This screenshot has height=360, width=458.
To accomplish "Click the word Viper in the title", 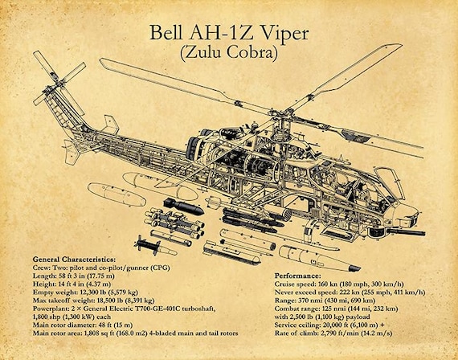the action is tap(284, 34).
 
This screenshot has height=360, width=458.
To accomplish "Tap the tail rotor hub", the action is tap(58, 84).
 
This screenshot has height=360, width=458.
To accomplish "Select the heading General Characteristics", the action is tap(74, 260).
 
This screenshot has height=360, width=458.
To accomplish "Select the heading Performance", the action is tap(297, 276).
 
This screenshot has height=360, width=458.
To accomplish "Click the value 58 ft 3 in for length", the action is tap(68, 276).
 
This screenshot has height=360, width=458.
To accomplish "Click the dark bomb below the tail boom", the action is tap(183, 206).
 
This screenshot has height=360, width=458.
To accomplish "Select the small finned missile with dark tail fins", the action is tap(155, 246).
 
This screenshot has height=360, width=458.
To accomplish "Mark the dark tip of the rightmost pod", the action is tap(354, 268).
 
